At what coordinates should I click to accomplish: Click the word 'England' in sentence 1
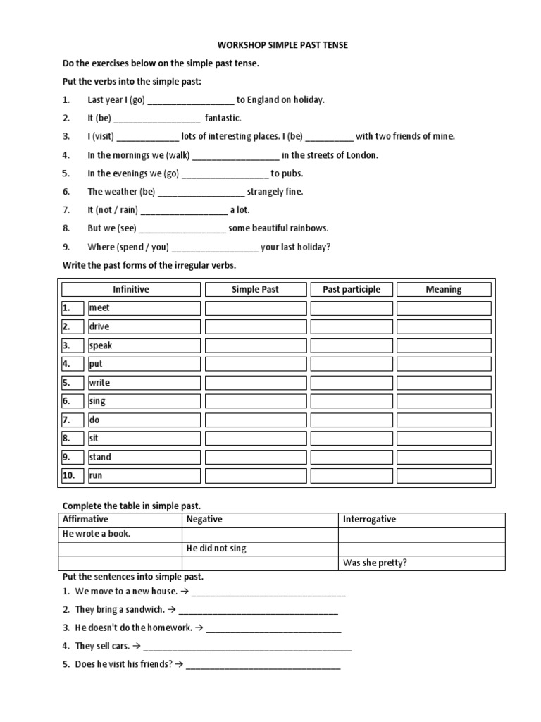point(263,100)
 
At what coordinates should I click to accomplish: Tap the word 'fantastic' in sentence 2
point(223,118)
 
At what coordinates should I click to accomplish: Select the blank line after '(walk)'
point(235,155)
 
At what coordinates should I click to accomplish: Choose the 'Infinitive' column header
point(131,289)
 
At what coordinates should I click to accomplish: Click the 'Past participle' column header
point(351,289)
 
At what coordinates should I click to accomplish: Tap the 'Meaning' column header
point(444,289)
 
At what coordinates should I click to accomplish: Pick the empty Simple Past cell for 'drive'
point(256,326)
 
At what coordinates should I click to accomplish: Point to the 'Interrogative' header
point(370,519)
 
